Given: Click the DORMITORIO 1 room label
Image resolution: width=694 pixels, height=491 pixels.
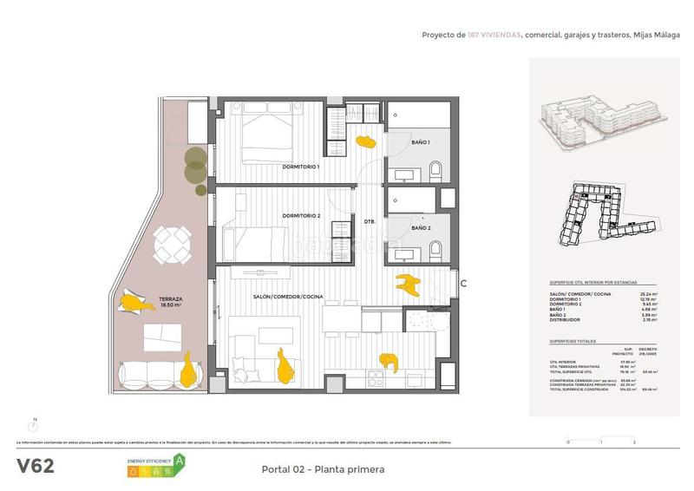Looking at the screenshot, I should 301,167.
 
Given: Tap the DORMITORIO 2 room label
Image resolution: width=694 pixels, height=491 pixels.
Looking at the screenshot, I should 301,215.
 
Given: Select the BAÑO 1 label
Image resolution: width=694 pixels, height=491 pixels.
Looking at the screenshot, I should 421,141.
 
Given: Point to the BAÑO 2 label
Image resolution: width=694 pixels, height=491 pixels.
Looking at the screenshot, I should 421,228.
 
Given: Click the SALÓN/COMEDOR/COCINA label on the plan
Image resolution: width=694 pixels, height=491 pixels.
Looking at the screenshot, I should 288,297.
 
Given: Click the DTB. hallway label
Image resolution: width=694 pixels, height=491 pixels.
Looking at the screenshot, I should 369,222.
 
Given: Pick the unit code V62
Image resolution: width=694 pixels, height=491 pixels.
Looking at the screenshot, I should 36,466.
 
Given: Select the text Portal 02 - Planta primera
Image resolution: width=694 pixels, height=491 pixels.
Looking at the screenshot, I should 322,469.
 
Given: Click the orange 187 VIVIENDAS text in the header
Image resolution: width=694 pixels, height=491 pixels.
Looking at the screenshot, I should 494,36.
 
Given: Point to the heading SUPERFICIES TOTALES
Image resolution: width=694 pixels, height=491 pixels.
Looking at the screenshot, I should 573,342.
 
